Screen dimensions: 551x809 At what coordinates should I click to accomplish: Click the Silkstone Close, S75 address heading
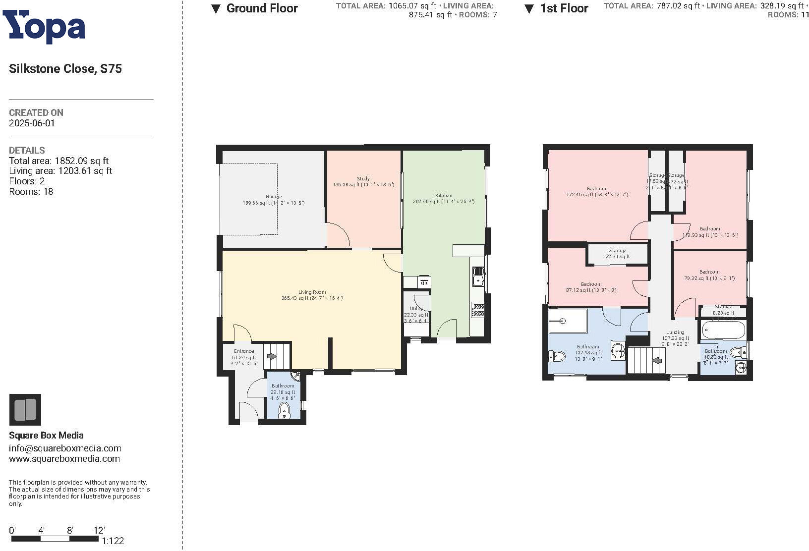pos(65,69)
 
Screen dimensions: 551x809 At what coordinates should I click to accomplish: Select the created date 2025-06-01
pos(32,123)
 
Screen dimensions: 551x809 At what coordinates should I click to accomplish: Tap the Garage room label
pos(273,197)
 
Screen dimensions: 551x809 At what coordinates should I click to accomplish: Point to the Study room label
pos(363,179)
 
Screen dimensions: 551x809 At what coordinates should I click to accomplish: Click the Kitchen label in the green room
pos(444,196)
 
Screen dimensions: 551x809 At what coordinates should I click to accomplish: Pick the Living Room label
pos(312,292)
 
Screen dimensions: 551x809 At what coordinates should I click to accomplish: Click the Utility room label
pos(416,309)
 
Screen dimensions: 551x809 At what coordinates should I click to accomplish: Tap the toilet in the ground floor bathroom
pos(285,409)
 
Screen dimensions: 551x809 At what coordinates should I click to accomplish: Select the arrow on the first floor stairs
pos(658,360)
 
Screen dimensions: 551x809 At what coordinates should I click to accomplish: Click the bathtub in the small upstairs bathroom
pos(723,330)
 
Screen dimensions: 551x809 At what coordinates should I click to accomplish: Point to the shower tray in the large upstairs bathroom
pos(568,321)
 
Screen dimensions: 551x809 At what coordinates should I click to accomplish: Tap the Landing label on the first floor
pos(675,332)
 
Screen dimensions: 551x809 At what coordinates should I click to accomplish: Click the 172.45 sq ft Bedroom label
pos(597,189)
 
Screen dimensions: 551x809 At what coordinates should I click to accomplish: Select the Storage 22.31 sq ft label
pos(617,254)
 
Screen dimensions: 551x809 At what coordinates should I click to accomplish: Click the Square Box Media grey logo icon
pos(25,410)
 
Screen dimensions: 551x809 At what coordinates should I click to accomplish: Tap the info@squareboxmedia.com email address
pos(65,448)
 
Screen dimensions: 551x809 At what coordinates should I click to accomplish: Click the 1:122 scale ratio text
pos(113,541)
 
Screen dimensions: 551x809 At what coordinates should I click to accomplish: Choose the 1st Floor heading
pos(564,8)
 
